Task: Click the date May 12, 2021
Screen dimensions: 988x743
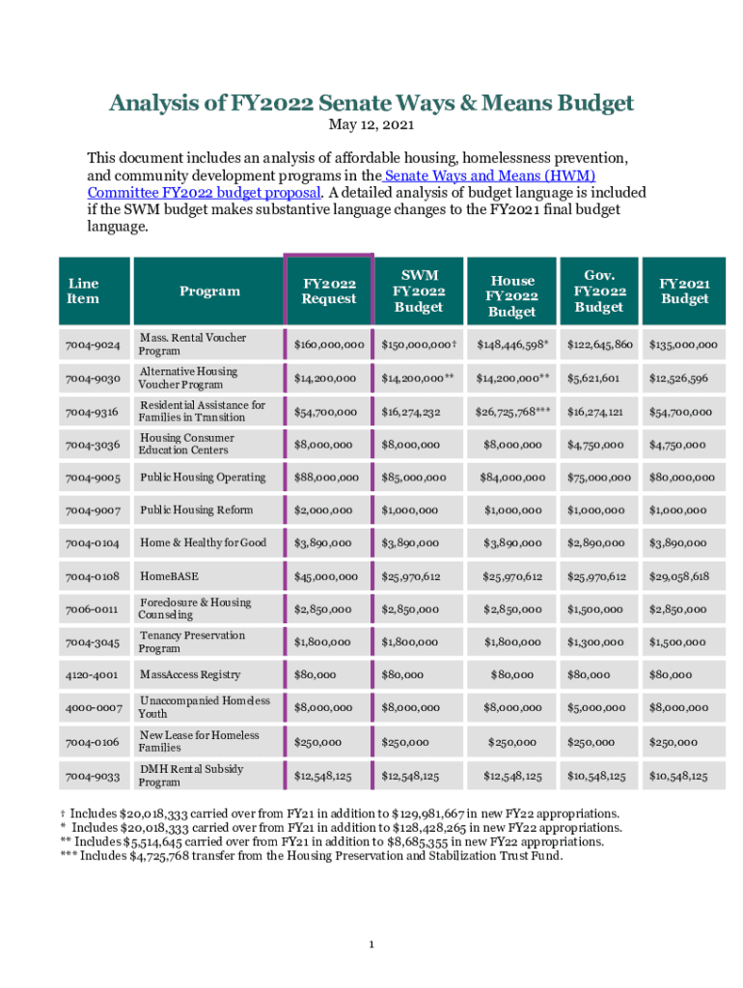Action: [371, 125]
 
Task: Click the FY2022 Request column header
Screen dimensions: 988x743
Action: [329, 290]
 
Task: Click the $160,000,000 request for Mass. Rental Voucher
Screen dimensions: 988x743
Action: [329, 344]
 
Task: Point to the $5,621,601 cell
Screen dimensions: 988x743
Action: [599, 378]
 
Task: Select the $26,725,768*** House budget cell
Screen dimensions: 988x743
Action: [512, 412]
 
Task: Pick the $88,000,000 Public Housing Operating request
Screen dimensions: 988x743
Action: [329, 478]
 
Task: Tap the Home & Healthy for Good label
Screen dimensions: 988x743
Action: [203, 542]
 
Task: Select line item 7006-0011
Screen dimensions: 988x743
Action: [92, 609]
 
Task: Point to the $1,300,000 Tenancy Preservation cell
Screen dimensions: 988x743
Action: [599, 642]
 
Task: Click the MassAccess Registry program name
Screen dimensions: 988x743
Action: [190, 674]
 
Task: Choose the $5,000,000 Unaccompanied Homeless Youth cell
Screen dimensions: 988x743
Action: [599, 707]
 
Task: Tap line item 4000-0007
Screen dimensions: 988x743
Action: [94, 707]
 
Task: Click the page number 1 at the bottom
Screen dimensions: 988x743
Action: [371, 944]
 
